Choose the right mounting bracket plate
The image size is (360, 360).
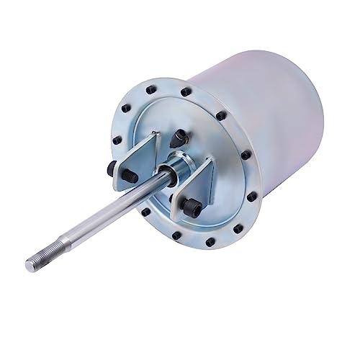point(197,184)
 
